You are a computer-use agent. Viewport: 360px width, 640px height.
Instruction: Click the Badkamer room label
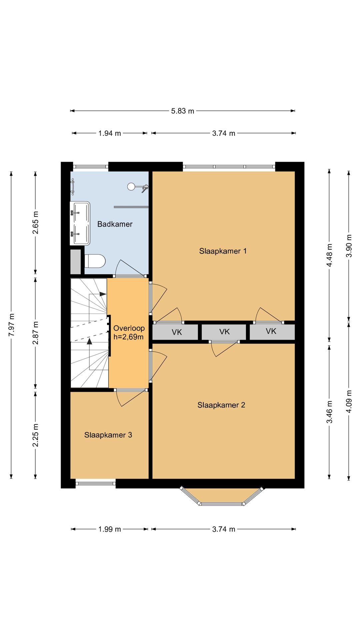(x=115, y=224)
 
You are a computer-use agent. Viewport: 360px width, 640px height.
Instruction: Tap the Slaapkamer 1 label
(x=223, y=251)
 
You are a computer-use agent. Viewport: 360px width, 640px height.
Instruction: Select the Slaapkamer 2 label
(x=221, y=405)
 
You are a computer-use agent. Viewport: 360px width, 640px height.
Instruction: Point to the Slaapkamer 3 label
(x=108, y=435)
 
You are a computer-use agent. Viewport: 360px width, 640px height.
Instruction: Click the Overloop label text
(x=129, y=328)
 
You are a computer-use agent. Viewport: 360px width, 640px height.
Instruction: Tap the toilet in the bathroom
(x=95, y=261)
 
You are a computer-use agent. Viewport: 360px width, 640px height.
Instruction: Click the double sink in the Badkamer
(x=80, y=223)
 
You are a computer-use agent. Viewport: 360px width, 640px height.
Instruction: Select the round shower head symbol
(x=131, y=187)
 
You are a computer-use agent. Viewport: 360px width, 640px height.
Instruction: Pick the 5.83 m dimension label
(x=183, y=111)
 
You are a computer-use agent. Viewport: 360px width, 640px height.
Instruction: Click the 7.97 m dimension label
(x=12, y=325)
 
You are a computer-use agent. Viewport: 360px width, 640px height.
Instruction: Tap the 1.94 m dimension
(x=109, y=133)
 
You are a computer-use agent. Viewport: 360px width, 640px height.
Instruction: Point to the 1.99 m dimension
(x=110, y=529)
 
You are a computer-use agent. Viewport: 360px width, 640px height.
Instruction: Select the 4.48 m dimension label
(x=329, y=255)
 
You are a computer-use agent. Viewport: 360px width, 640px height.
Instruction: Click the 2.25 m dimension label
(x=35, y=435)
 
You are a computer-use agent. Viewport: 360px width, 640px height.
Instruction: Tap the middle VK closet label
(x=224, y=332)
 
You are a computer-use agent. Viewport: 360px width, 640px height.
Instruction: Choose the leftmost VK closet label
(x=177, y=332)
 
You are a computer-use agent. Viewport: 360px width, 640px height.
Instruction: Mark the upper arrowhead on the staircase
(x=103, y=294)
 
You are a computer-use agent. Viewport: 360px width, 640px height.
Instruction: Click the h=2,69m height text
(x=128, y=337)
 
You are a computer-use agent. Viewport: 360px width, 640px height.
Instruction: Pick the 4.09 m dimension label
(x=349, y=401)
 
